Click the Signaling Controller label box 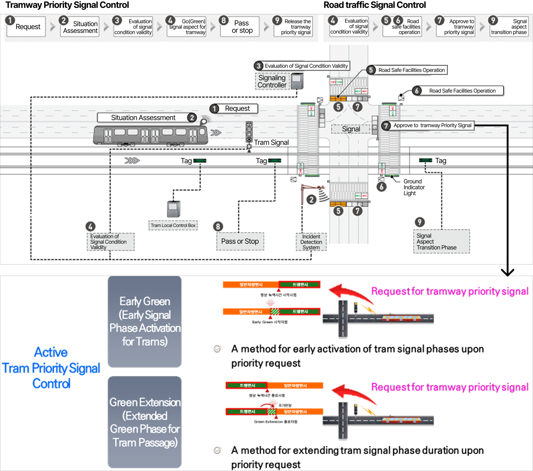272,81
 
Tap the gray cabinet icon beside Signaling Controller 297,81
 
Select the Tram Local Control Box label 173,225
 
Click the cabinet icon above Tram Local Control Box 174,209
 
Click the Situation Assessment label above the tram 143,118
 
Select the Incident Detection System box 311,242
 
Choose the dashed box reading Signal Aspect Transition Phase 441,241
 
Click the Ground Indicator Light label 414,187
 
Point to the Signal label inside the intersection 351,129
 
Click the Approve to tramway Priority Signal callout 432,125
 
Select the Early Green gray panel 145,322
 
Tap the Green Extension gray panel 145,422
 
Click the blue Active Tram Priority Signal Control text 51,368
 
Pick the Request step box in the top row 26,27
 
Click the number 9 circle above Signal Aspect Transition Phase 420,222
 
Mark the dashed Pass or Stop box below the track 240,241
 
